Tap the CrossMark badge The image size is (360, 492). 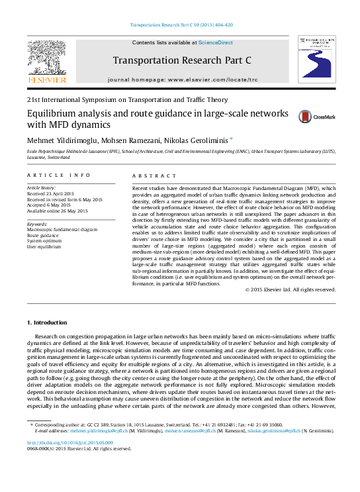pyautogui.click(x=308, y=117)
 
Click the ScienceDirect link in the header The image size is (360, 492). pyautogui.click(x=216, y=42)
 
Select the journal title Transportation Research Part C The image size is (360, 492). pyautogui.click(x=182, y=61)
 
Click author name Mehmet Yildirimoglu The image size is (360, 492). pyautogui.click(x=56, y=140)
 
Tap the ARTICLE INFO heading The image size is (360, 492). pyautogui.click(x=58, y=175)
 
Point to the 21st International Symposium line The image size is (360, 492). pyautogui.click(x=122, y=99)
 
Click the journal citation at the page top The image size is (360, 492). pyautogui.click(x=179, y=25)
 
